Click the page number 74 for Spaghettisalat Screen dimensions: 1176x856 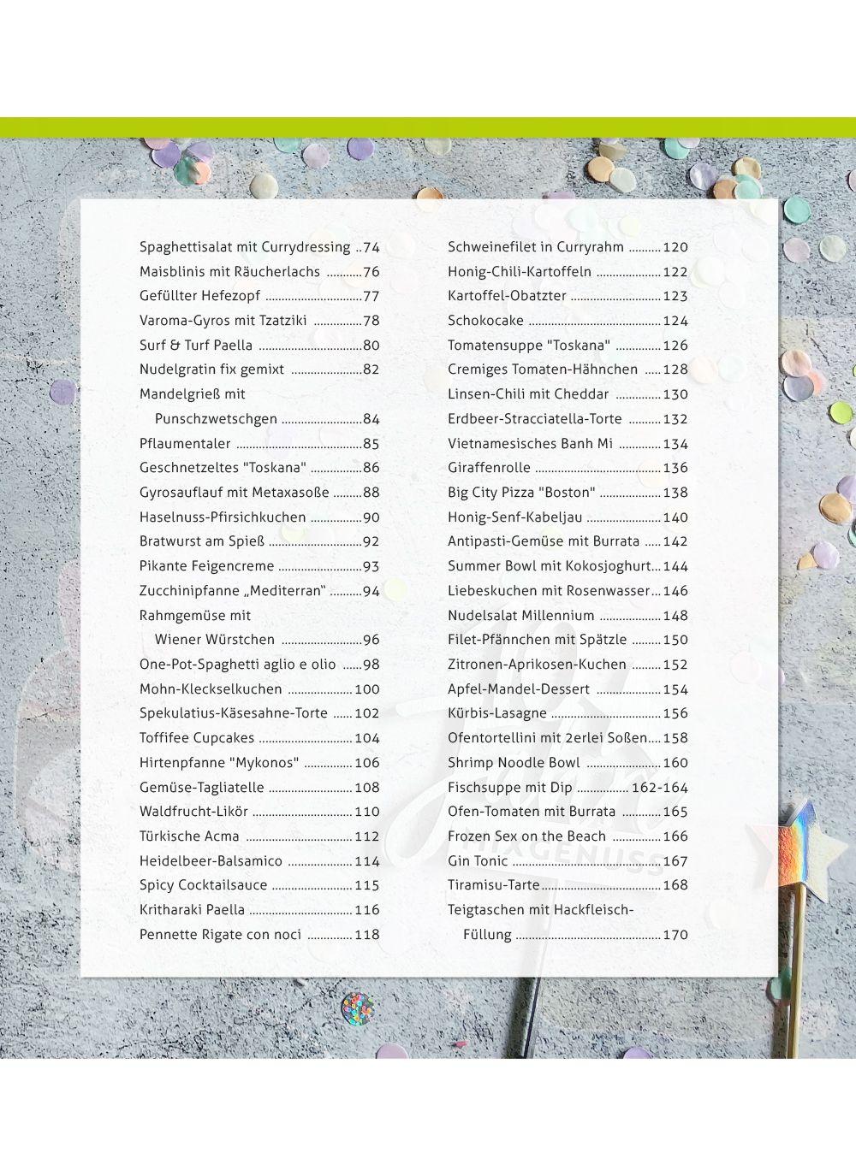(x=372, y=247)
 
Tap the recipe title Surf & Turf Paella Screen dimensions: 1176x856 (x=196, y=346)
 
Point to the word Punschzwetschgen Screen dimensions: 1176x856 (x=216, y=419)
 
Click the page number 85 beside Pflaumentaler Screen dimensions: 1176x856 (x=372, y=444)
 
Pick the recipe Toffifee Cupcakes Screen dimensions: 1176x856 (x=197, y=738)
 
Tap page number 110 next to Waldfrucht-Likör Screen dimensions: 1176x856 (x=367, y=812)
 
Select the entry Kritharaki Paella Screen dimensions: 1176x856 (x=192, y=910)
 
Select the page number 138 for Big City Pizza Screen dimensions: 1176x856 (x=675, y=493)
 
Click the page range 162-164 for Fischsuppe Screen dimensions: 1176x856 (x=660, y=788)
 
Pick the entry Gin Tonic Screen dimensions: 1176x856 (x=478, y=861)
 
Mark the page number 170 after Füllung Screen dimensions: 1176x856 (x=675, y=935)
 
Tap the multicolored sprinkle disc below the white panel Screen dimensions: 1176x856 (x=358, y=1008)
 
